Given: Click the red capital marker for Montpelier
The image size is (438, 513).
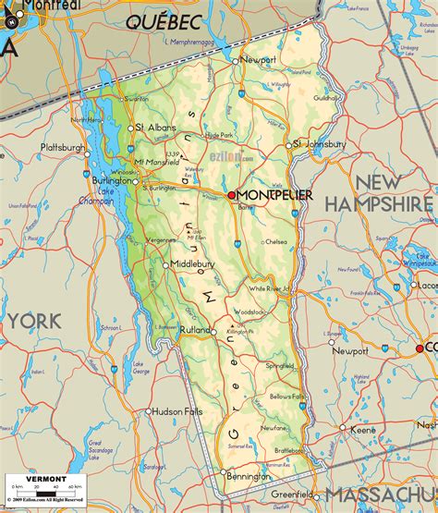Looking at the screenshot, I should pos(232,195).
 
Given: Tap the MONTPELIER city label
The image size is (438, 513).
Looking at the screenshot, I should pos(275,195).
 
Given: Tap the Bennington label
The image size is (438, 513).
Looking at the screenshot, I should pos(248,477).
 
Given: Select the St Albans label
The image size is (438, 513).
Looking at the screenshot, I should pos(156,128).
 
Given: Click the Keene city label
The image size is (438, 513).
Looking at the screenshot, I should pos(362,430).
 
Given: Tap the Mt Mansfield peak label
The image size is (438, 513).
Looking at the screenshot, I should pos(157,162).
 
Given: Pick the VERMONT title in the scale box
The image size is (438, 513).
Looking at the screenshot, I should pos(46,479).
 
